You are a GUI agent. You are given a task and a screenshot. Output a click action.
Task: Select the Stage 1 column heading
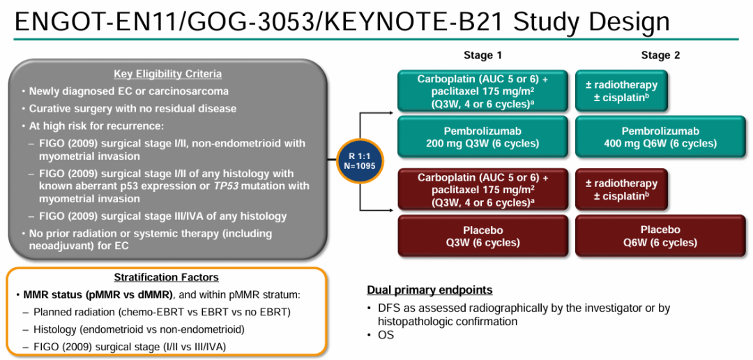tap(482, 56)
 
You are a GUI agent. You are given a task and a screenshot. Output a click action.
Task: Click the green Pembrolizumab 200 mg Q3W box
tap(482, 137)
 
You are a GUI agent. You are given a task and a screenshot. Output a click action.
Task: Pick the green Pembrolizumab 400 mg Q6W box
tap(660, 137)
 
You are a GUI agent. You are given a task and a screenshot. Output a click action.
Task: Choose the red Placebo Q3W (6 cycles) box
tap(482, 237)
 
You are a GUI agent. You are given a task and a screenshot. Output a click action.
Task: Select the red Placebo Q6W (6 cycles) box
tap(660, 237)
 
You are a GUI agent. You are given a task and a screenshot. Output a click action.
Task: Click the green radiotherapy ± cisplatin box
tap(621, 91)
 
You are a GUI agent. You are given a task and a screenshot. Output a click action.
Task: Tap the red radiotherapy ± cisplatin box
tap(621, 190)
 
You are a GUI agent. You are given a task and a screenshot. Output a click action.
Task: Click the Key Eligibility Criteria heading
tap(168, 75)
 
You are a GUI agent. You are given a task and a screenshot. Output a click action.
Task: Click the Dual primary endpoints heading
tap(429, 290)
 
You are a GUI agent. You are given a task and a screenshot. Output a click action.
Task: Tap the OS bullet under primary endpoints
tap(386, 335)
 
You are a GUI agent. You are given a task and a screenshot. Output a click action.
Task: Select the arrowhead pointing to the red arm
tap(391, 209)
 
